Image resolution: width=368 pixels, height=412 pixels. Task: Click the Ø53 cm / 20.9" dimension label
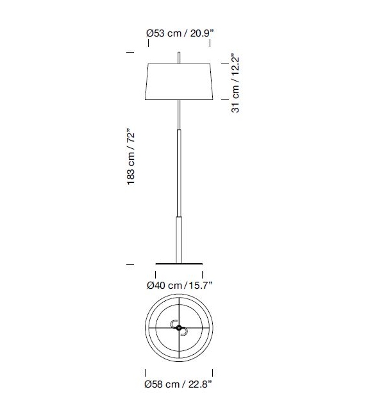click(x=179, y=33)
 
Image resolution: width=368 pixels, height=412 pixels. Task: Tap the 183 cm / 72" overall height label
click(x=132, y=158)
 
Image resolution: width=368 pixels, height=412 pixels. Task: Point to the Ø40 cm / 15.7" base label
click(x=180, y=284)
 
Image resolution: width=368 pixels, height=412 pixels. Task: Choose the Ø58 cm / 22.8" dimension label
click(x=179, y=384)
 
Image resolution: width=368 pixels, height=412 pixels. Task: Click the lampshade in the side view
click(x=180, y=82)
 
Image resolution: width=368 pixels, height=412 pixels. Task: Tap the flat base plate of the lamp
click(x=180, y=263)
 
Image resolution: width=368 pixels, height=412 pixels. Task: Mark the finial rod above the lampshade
click(x=180, y=57)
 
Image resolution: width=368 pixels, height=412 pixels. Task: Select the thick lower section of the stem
click(x=180, y=237)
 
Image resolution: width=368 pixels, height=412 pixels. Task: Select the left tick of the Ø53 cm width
click(x=149, y=44)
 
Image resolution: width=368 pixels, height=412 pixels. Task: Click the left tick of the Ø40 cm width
click(x=156, y=274)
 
